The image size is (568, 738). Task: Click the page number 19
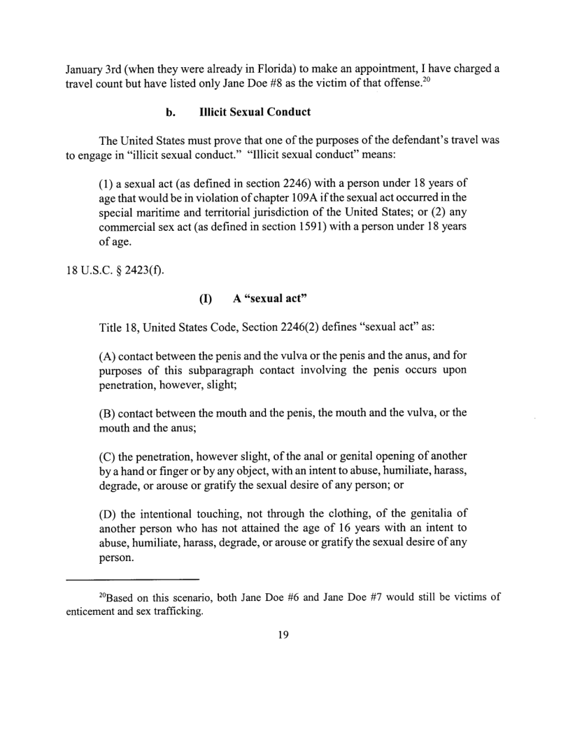tap(283, 635)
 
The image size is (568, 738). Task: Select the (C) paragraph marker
tap(110, 455)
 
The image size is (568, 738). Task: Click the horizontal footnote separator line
tap(133, 580)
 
